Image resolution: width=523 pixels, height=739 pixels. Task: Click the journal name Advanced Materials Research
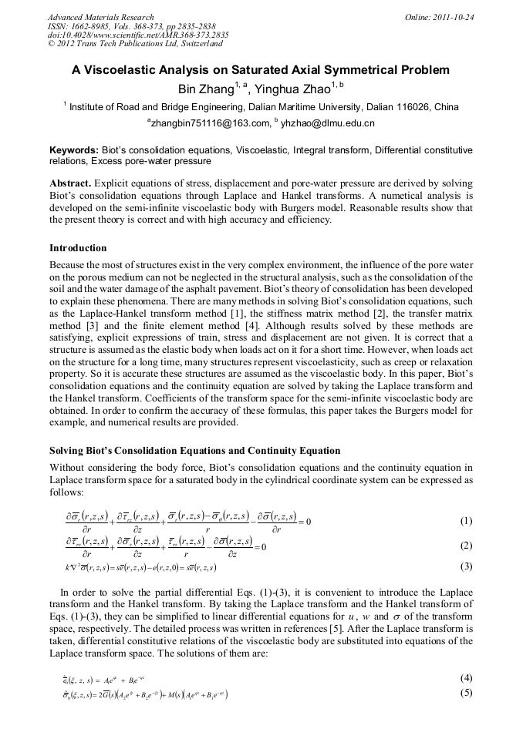(x=100, y=17)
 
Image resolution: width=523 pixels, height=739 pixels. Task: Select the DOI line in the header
(x=138, y=35)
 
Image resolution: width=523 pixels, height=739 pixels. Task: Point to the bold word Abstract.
(x=70, y=183)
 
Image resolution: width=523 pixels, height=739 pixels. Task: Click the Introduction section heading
(x=78, y=248)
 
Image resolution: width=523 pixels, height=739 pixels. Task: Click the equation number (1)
(x=466, y=521)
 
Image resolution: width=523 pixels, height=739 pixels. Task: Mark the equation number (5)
(x=466, y=693)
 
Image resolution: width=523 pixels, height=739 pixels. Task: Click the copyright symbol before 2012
(x=51, y=45)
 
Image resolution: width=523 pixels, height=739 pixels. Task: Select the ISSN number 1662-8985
(x=90, y=26)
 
